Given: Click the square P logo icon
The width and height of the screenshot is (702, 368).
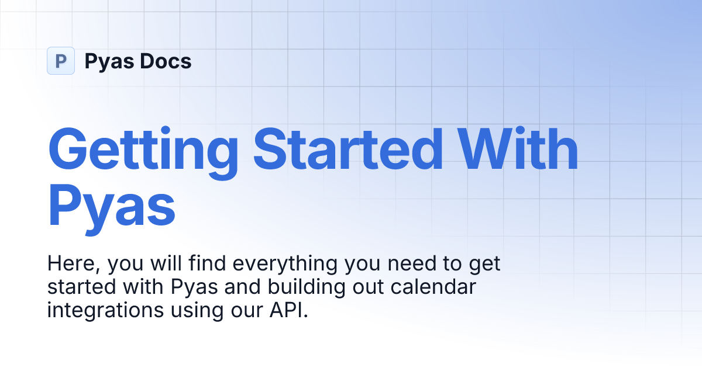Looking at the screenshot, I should coord(61,61).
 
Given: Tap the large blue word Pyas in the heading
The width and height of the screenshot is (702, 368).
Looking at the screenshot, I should coord(111,204).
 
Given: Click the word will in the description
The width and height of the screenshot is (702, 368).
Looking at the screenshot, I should coord(170,264).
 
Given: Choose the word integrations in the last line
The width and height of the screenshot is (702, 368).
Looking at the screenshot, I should coord(97,310).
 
